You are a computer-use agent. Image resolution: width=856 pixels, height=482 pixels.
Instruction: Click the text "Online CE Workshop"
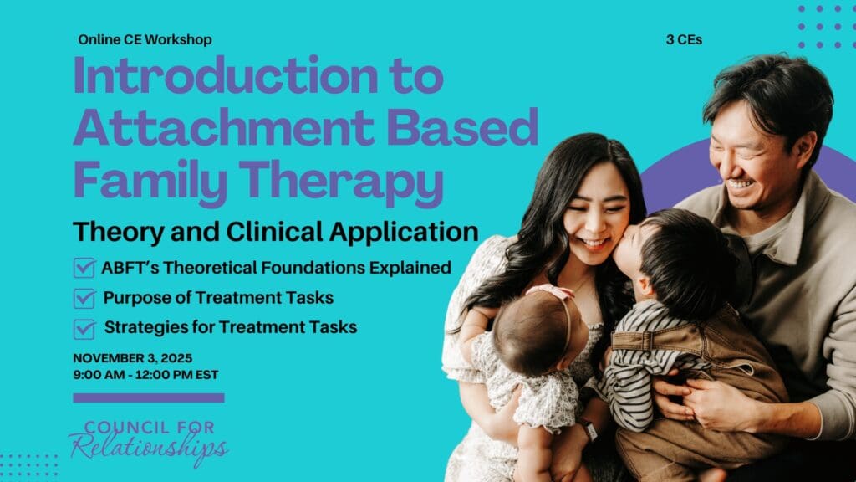(x=145, y=39)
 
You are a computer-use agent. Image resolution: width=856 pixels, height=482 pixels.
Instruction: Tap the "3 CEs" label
(x=684, y=39)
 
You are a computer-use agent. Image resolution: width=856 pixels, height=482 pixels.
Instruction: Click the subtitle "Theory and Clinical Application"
(x=276, y=230)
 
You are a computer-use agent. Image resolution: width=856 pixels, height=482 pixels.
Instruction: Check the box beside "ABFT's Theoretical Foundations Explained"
(x=84, y=268)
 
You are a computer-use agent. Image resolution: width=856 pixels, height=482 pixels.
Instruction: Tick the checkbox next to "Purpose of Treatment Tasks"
(x=84, y=298)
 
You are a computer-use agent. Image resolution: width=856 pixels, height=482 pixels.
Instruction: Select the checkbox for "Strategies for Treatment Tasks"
(x=84, y=328)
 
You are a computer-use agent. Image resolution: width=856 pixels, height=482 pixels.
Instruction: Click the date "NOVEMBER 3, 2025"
(x=133, y=358)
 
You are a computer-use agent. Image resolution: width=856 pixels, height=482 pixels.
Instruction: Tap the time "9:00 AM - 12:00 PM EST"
(x=145, y=375)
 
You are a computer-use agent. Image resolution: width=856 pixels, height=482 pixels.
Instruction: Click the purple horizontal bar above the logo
(x=149, y=397)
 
